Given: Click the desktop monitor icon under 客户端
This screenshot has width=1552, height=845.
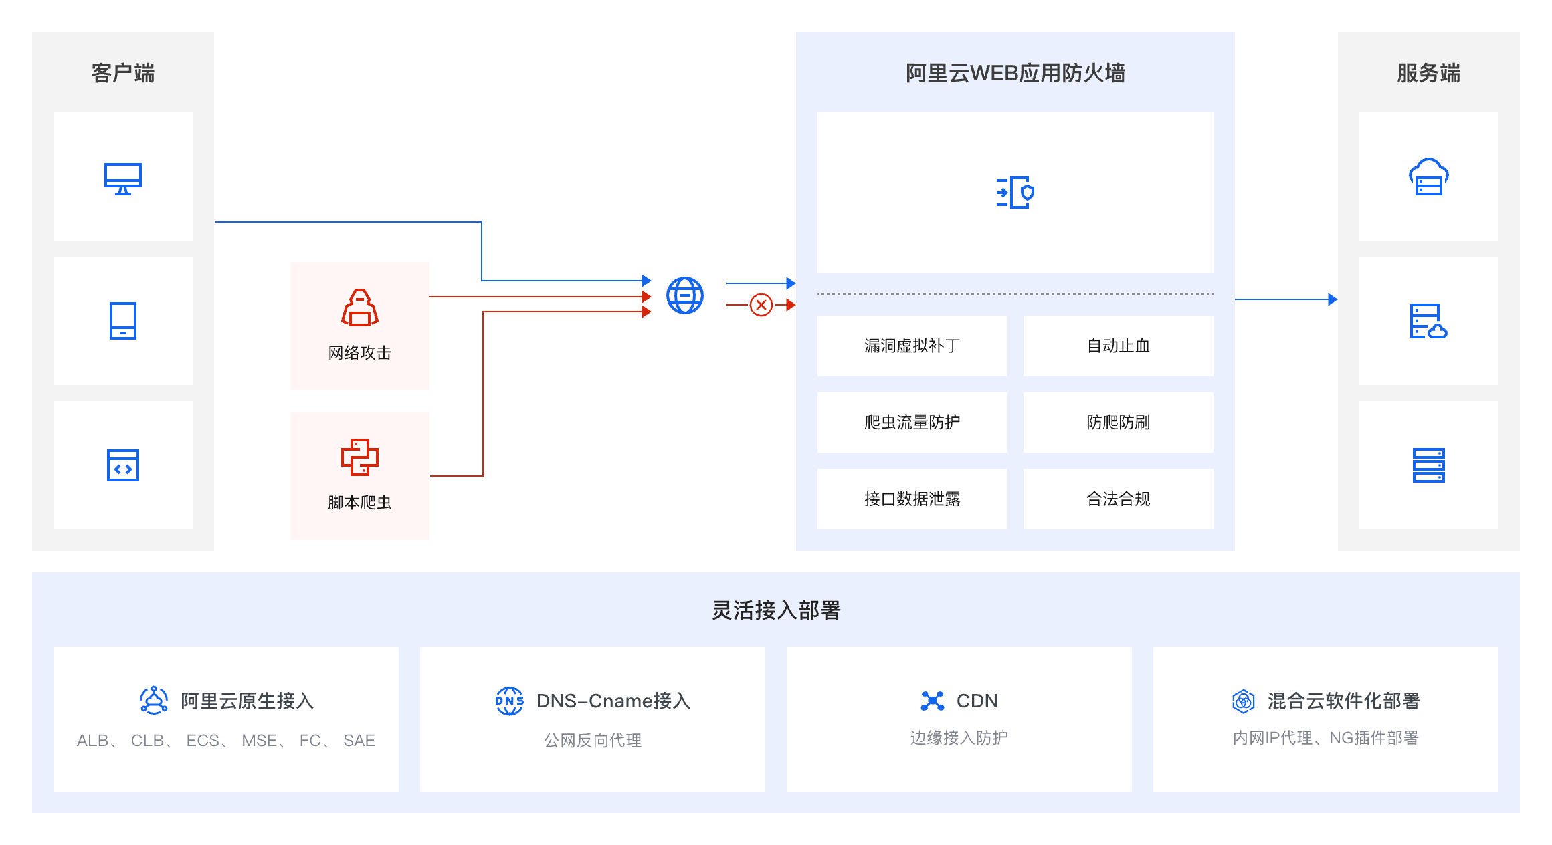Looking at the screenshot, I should coord(123,178).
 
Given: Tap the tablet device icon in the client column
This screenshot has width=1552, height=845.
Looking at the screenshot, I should coord(123,321).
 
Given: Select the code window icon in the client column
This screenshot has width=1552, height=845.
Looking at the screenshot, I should coord(123,465).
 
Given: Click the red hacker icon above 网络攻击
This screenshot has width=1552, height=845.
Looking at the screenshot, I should coord(360,308).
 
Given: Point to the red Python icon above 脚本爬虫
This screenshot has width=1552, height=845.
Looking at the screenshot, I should coord(360,457).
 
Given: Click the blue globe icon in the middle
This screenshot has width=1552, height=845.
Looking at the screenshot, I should coord(685,295).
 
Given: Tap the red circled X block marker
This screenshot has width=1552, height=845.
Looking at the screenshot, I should coord(761,305).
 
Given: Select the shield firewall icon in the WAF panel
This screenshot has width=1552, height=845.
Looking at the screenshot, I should coord(1015,193).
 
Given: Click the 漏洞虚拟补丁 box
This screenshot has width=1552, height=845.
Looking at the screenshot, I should coord(912,346).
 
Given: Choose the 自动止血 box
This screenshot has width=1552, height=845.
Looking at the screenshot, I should coord(1118,346).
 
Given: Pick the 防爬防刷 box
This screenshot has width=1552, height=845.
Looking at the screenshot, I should coord(1118,422).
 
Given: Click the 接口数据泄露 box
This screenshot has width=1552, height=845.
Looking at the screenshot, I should coord(912,499).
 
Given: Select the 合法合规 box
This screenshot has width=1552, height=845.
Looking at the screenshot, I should coord(1118,499).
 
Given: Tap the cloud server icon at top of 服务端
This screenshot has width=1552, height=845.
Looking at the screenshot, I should coord(1428,177).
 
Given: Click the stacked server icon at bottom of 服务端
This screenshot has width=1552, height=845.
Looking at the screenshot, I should coord(1428,465).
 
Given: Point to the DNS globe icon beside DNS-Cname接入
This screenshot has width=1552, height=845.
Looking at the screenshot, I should coord(510,701).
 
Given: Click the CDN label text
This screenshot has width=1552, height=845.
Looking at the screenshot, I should coord(977,701).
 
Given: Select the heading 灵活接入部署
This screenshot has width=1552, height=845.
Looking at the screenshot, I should coord(776,610).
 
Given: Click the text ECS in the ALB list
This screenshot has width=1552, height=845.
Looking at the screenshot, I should coord(203,741).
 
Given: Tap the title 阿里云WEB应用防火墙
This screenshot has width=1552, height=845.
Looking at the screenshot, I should coord(1015,73).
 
